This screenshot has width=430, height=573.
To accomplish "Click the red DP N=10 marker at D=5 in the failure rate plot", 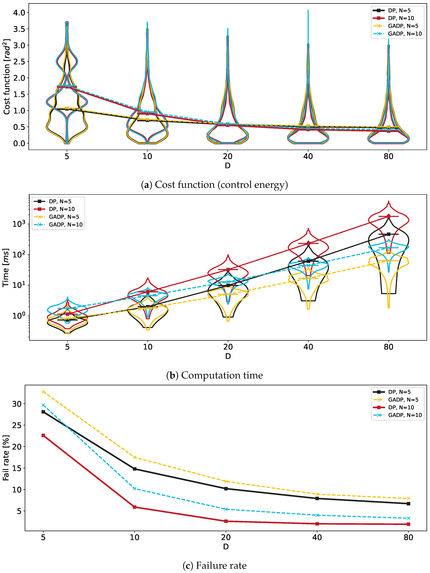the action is pos(43,435).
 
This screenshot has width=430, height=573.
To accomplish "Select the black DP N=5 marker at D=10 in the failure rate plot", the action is pos(135,469).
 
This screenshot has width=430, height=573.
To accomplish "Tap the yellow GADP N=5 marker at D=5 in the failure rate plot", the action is pos(43,392).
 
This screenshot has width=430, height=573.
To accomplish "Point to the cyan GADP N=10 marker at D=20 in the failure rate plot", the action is pos(226,509).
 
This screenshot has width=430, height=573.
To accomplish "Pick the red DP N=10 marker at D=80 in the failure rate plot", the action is pos(409,524).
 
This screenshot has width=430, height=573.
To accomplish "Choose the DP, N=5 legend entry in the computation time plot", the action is pos(53,201).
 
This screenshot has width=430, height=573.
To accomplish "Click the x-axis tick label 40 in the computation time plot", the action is pos(308,347).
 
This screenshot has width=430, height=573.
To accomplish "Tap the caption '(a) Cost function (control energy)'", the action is pos(214,185).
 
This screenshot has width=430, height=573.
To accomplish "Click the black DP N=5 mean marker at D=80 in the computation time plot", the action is pos(388,234).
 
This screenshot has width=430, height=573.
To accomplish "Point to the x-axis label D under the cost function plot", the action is pos(228,166).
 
